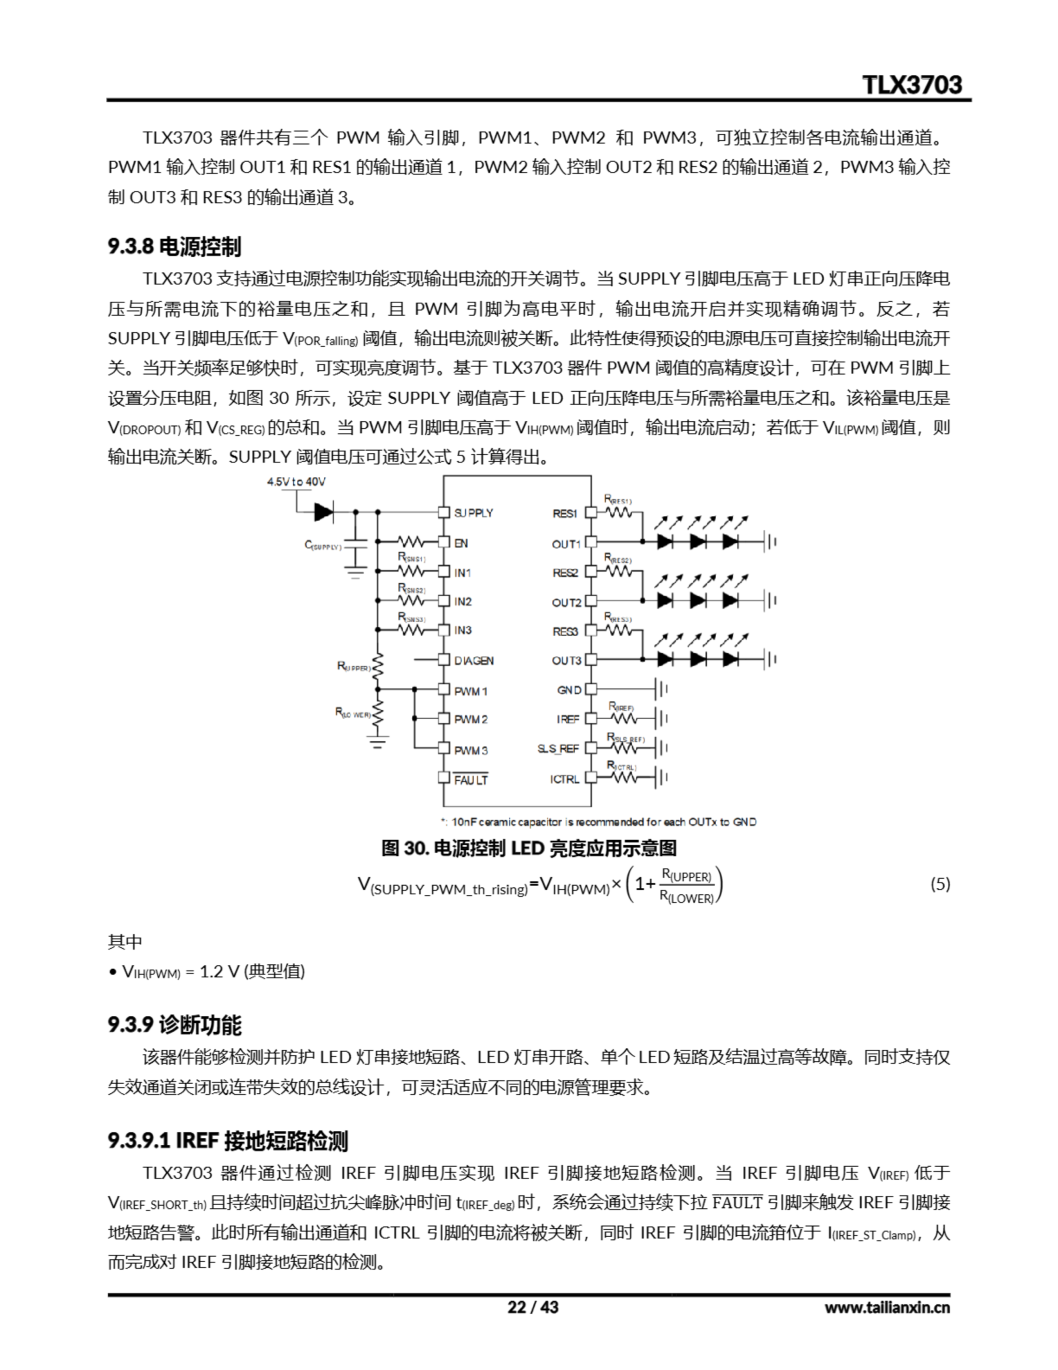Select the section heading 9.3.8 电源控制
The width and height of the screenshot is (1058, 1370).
point(174,247)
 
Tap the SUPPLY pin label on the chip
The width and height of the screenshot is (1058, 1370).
point(473,513)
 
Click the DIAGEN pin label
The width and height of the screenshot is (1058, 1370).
point(473,660)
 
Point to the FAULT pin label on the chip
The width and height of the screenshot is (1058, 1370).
point(471,780)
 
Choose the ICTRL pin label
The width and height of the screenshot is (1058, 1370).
point(564,779)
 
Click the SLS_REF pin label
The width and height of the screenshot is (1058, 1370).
point(558,748)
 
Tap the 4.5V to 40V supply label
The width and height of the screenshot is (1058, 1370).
point(296,482)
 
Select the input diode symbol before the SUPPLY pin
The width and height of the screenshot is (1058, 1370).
point(324,512)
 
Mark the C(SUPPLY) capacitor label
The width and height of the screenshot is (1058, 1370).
point(323,545)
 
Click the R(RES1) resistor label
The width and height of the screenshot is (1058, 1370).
point(618,499)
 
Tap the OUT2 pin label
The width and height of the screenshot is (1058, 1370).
point(566,603)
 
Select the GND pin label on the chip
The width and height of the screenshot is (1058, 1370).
point(569,690)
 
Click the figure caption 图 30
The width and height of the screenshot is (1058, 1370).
point(528,849)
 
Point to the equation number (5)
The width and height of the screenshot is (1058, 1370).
point(939,884)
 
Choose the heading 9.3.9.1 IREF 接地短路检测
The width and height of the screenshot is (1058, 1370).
point(228,1140)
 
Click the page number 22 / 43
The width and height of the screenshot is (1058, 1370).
point(532,1307)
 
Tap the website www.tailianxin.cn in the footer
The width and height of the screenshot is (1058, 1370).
point(887,1307)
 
